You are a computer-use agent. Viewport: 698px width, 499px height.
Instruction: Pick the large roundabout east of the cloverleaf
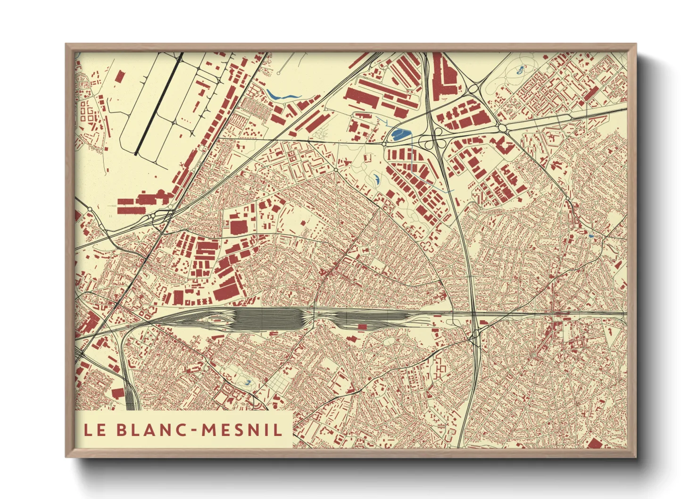click(502, 128)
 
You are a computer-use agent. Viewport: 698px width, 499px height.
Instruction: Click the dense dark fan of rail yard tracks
click(266, 317)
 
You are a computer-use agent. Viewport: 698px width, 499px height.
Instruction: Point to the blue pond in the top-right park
click(520, 71)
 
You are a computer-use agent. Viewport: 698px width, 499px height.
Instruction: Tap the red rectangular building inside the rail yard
click(362, 326)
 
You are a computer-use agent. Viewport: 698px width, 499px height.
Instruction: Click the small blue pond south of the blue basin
click(377, 179)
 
